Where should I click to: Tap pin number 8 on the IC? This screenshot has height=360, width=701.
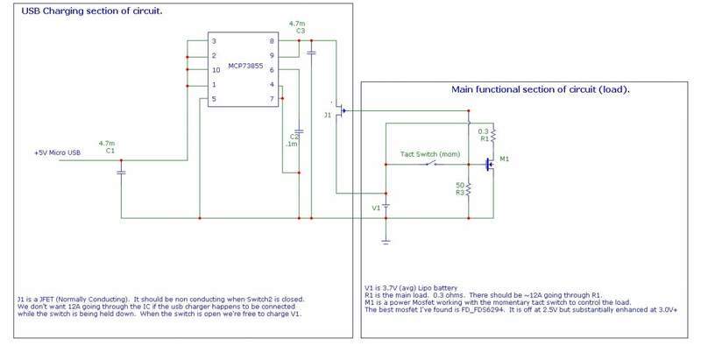coord(272,41)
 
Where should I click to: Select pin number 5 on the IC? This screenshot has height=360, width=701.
coord(213,99)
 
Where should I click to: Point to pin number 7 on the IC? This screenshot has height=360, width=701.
coord(272,99)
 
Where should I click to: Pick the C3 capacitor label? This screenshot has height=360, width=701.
coord(300,32)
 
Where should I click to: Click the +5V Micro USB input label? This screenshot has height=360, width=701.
coord(57,152)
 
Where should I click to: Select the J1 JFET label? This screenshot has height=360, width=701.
coord(328,115)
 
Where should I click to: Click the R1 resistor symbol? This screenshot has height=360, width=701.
coord(493,133)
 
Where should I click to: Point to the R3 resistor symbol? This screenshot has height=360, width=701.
coord(470,189)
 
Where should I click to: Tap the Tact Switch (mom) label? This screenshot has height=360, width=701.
coord(430,154)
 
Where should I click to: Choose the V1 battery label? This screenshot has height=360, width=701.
coord(376,208)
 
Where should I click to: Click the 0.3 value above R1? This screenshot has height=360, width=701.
coord(484,131)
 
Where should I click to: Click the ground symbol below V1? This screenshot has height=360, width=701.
coord(386,238)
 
